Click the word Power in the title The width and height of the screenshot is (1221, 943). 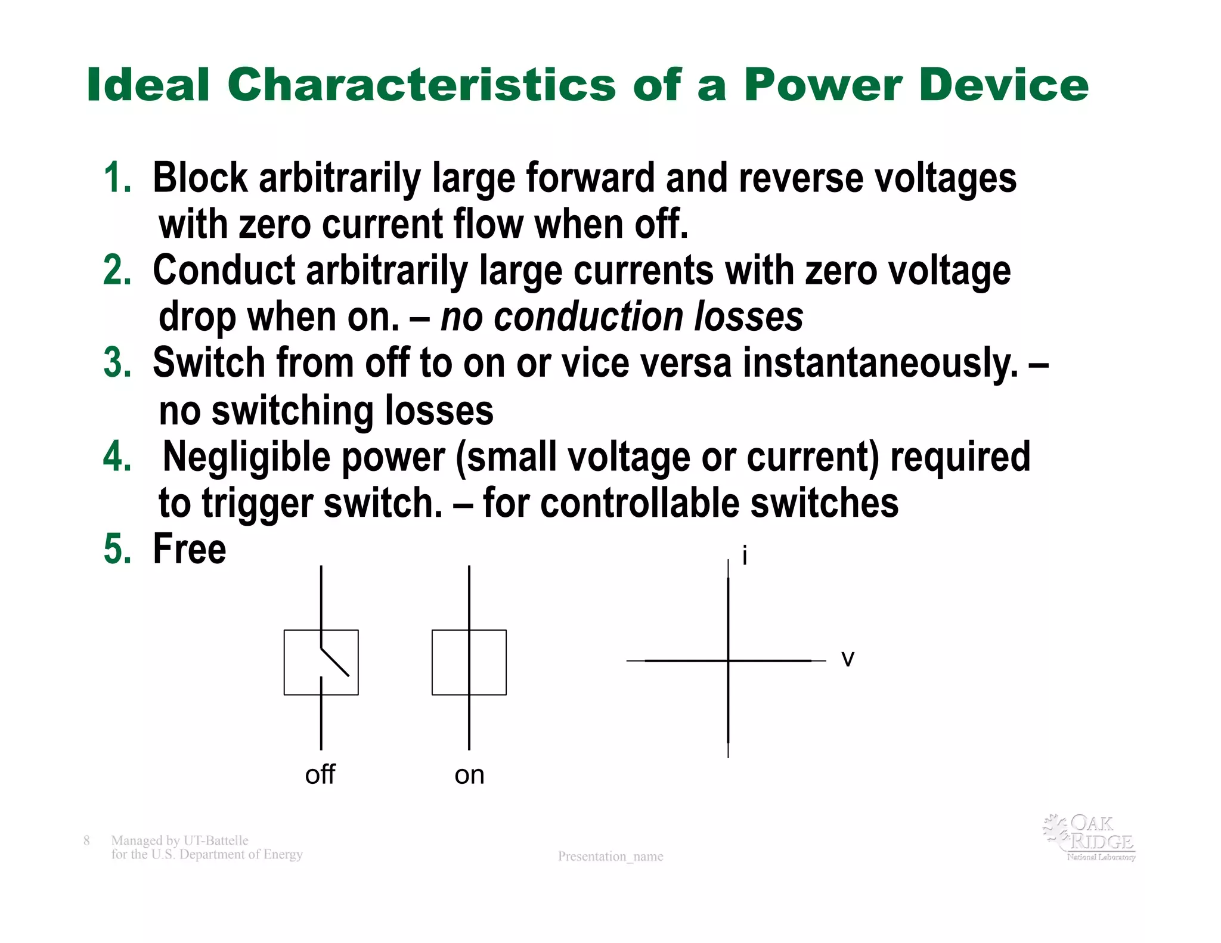(823, 85)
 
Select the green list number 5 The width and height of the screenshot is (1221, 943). (117, 549)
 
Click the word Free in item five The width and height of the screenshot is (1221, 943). (190, 549)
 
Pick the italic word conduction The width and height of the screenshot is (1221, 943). (588, 317)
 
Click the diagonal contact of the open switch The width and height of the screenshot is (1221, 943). (335, 662)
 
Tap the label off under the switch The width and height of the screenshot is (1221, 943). (320, 775)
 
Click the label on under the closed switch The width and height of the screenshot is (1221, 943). (469, 775)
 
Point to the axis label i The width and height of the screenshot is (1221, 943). (745, 556)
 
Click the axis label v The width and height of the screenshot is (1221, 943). (847, 659)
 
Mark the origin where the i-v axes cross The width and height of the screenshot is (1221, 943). (728, 660)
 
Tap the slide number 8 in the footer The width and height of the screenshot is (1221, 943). (86, 840)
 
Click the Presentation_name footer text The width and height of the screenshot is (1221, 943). (610, 857)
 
